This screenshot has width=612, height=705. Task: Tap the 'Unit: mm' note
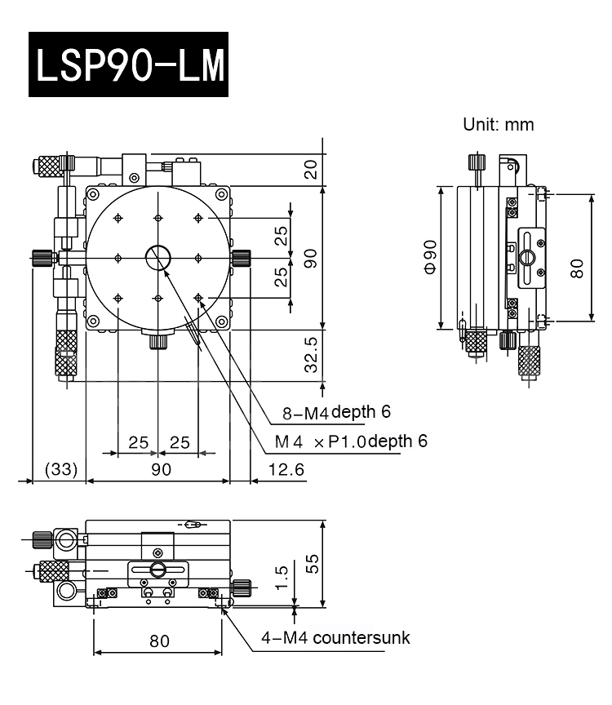tap(498, 125)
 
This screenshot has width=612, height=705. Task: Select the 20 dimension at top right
tap(310, 169)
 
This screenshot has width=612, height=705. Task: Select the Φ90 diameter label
tap(430, 257)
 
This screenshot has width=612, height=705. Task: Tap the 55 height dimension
tap(310, 563)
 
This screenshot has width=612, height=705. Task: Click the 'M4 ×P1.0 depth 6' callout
tap(351, 441)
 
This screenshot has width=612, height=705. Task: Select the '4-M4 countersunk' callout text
tap(335, 637)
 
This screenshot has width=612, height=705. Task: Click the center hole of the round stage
tap(157, 258)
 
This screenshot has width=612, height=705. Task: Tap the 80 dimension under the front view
tap(160, 641)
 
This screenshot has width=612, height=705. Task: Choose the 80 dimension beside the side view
tap(577, 269)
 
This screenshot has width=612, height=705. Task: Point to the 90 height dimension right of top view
tap(310, 259)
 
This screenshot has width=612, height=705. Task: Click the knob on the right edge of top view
tap(241, 259)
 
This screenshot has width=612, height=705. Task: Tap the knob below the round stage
tap(157, 341)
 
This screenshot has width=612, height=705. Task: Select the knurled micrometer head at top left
tap(49, 166)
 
